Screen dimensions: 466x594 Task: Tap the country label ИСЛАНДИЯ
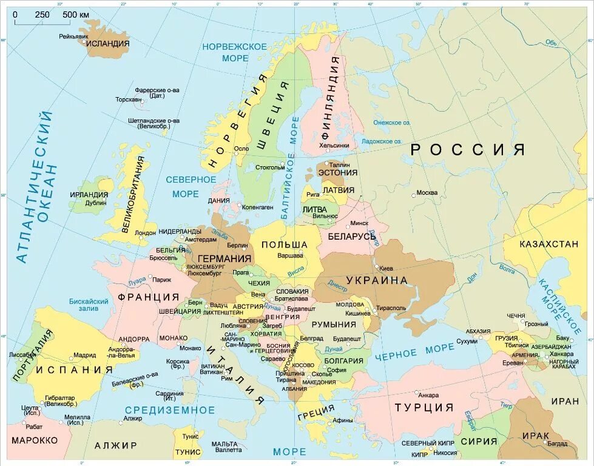107,44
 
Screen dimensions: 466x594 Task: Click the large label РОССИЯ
467,150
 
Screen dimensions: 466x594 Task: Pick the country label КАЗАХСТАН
548,244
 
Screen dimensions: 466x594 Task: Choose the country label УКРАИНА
377,280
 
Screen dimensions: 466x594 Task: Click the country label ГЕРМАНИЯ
224,258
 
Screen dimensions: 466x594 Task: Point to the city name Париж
161,280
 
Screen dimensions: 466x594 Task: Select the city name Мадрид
84,355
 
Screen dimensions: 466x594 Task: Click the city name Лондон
146,232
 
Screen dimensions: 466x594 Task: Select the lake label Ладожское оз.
382,141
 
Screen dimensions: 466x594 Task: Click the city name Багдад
557,444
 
